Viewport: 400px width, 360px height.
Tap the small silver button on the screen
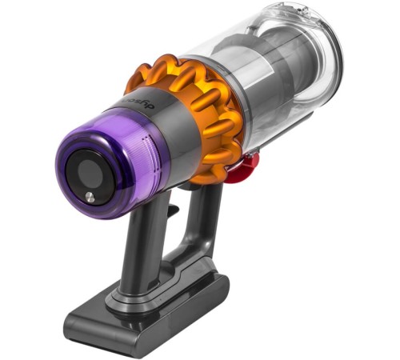(88, 196)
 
